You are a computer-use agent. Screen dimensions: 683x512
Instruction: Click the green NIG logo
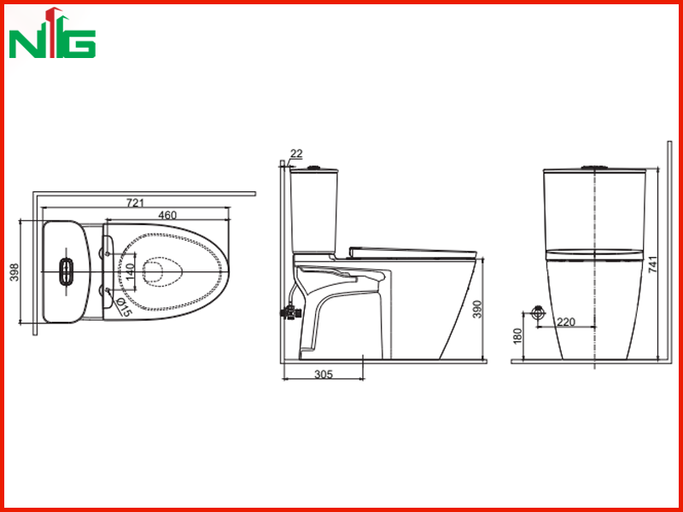(52, 33)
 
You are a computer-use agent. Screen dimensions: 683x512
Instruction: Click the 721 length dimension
(135, 202)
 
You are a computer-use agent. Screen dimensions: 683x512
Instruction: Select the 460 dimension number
(167, 215)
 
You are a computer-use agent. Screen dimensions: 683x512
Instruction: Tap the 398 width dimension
(15, 272)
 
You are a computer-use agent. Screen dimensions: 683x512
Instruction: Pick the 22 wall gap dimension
(296, 154)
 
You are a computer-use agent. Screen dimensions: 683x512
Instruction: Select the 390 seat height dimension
(478, 309)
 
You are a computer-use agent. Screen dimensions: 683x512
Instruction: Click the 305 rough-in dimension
(324, 374)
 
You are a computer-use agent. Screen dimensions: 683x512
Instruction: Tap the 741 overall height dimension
(653, 265)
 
